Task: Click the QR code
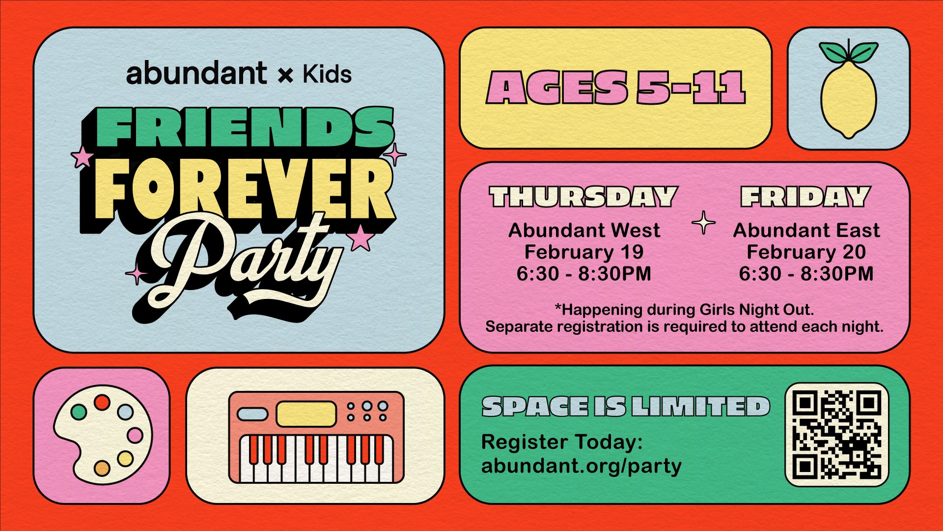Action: coord(837,435)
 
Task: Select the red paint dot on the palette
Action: coord(102,402)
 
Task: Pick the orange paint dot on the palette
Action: coord(102,468)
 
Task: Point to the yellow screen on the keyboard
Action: coord(306,414)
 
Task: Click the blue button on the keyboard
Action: coord(252,414)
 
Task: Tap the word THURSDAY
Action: coord(583,197)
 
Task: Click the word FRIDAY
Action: coord(805,197)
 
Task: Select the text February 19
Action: coord(584,252)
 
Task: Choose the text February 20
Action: coord(806,252)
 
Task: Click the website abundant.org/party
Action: coord(582,466)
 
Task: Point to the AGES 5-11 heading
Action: coord(616,88)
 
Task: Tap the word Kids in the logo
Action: coord(327,74)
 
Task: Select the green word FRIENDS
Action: coord(245,128)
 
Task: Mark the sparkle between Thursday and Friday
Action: coord(704,223)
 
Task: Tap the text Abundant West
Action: coord(584,231)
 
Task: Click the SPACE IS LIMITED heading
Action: coord(626,407)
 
